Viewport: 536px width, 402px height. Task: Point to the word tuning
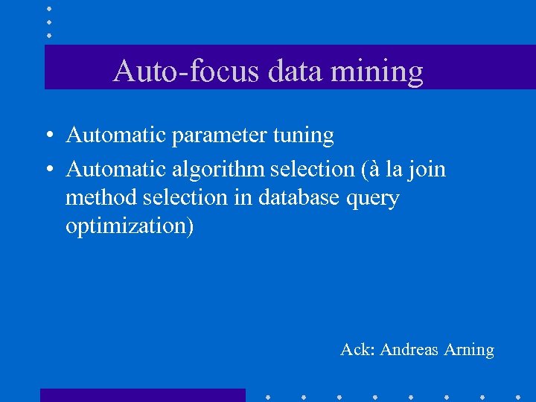pos(304,136)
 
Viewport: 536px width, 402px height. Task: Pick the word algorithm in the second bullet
pos(219,170)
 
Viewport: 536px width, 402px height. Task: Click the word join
pos(427,170)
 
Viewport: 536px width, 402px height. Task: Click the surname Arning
pos(468,349)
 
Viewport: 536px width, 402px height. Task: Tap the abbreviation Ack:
pos(357,349)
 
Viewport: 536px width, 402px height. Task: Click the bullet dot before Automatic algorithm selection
pos(47,170)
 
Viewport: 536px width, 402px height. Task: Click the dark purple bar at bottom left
pos(142,395)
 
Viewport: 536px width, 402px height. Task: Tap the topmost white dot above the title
pos(48,8)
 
